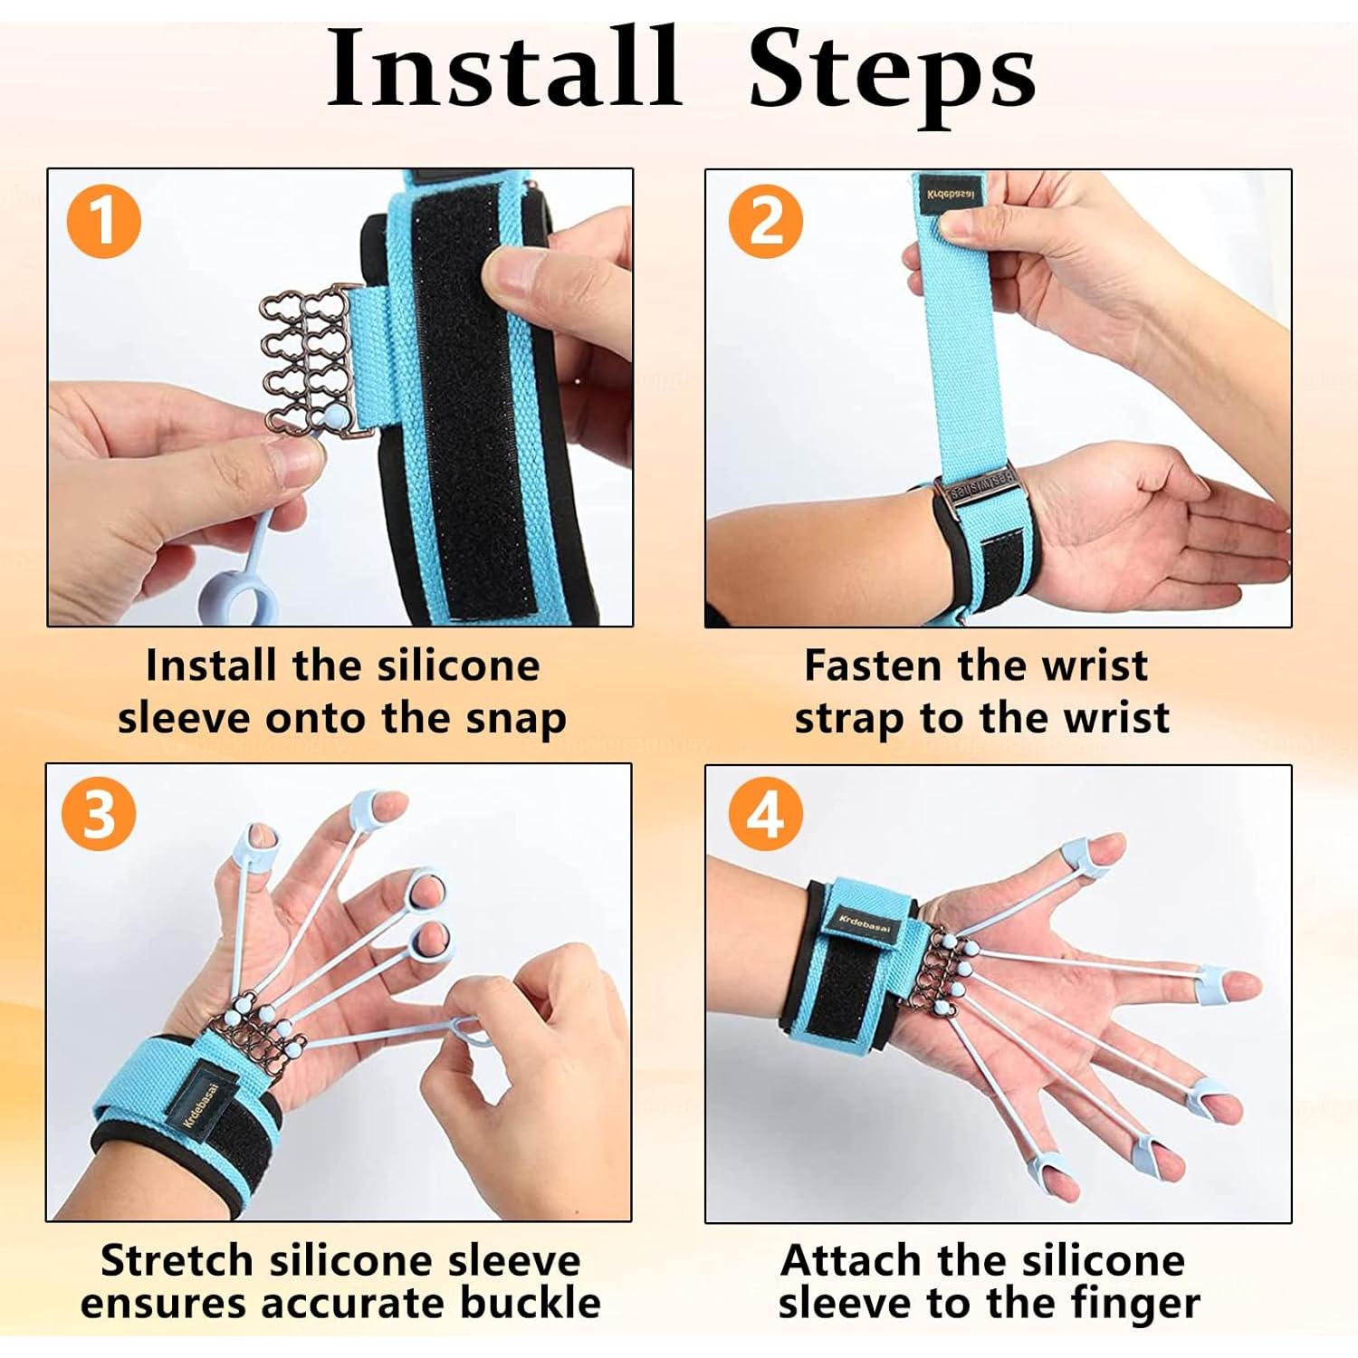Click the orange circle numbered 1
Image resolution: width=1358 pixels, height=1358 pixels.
point(104,221)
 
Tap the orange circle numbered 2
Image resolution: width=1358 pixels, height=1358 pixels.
point(766,221)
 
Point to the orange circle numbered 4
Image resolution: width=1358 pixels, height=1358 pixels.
point(766,814)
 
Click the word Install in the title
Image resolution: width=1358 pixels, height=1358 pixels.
point(502,71)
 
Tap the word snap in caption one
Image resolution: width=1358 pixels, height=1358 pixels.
point(516,718)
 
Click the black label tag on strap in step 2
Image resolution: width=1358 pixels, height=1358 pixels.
point(950,196)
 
